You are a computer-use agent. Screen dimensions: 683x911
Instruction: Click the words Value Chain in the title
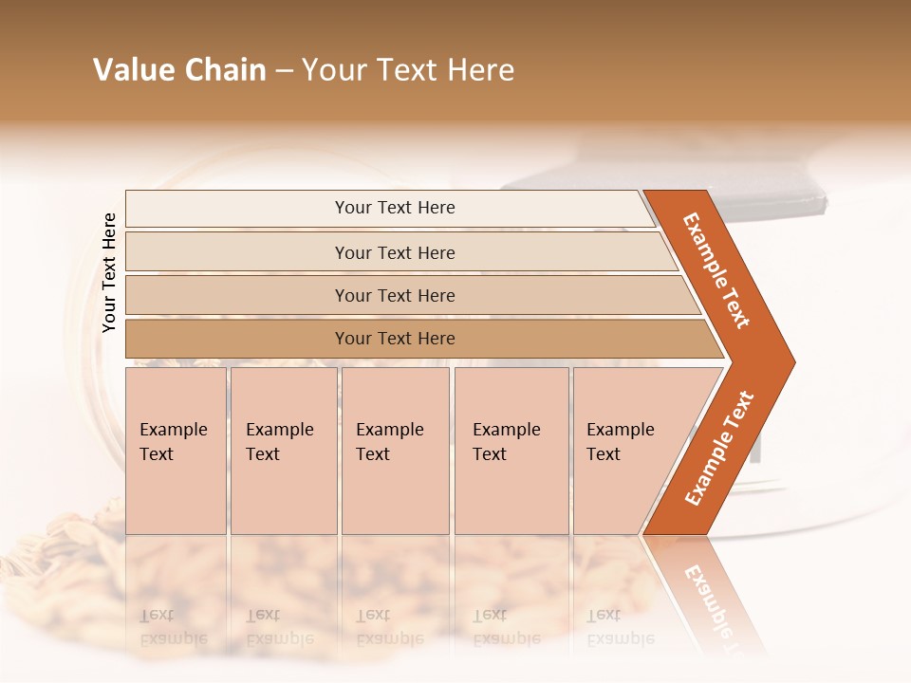tap(179, 70)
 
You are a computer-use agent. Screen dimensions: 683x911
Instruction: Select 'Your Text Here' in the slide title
tap(408, 70)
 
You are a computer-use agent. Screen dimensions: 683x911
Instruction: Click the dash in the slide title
tap(284, 71)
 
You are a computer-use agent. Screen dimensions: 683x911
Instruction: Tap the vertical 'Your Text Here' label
tap(109, 273)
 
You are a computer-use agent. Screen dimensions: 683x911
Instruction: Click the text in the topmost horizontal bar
tap(395, 208)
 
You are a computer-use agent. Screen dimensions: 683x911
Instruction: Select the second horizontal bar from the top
tap(395, 252)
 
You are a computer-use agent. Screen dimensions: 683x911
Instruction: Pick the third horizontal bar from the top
tap(395, 295)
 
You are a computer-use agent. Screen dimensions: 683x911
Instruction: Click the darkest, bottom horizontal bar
tap(395, 339)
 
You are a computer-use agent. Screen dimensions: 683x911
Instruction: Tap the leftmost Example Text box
tap(176, 451)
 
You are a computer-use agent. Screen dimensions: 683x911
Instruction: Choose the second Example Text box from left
tap(283, 451)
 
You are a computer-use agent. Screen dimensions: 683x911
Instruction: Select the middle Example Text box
tap(395, 451)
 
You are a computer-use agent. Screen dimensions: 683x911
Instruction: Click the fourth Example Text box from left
tap(511, 451)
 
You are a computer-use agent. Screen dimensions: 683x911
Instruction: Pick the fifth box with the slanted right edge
tap(626, 451)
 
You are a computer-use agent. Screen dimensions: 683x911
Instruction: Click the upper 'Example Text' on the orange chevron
tap(716, 270)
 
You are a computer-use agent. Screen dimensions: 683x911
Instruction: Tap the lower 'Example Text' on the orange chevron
tap(719, 448)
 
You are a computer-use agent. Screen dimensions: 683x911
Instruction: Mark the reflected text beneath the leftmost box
tap(174, 626)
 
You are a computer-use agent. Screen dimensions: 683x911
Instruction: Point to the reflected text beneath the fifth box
tap(621, 626)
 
